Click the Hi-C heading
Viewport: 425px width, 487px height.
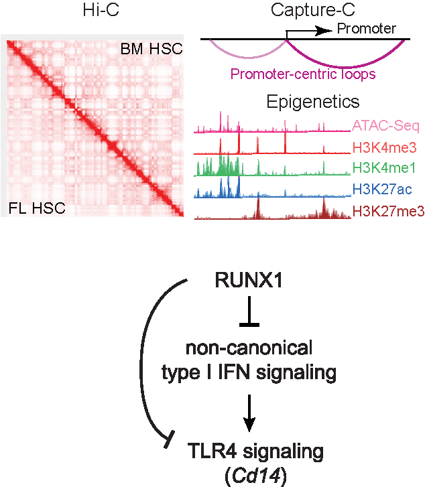[101, 9]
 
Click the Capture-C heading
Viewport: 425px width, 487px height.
[312, 10]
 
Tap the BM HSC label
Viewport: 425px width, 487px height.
[151, 49]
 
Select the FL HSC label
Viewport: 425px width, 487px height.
[37, 208]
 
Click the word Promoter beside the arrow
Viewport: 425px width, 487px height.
[367, 29]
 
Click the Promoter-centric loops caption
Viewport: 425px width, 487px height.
[303, 74]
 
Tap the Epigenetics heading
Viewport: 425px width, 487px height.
[313, 102]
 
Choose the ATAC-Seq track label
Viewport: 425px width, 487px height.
[386, 126]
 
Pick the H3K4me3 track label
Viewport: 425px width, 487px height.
[385, 147]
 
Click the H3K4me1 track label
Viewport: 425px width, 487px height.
[384, 168]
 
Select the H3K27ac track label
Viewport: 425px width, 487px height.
[382, 189]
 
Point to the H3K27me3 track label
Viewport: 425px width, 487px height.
[389, 212]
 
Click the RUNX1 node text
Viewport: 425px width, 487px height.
[249, 280]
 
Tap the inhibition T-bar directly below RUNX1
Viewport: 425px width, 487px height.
[249, 311]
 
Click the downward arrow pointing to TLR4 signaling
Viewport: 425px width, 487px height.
[249, 413]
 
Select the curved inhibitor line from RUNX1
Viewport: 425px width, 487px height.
[141, 363]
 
